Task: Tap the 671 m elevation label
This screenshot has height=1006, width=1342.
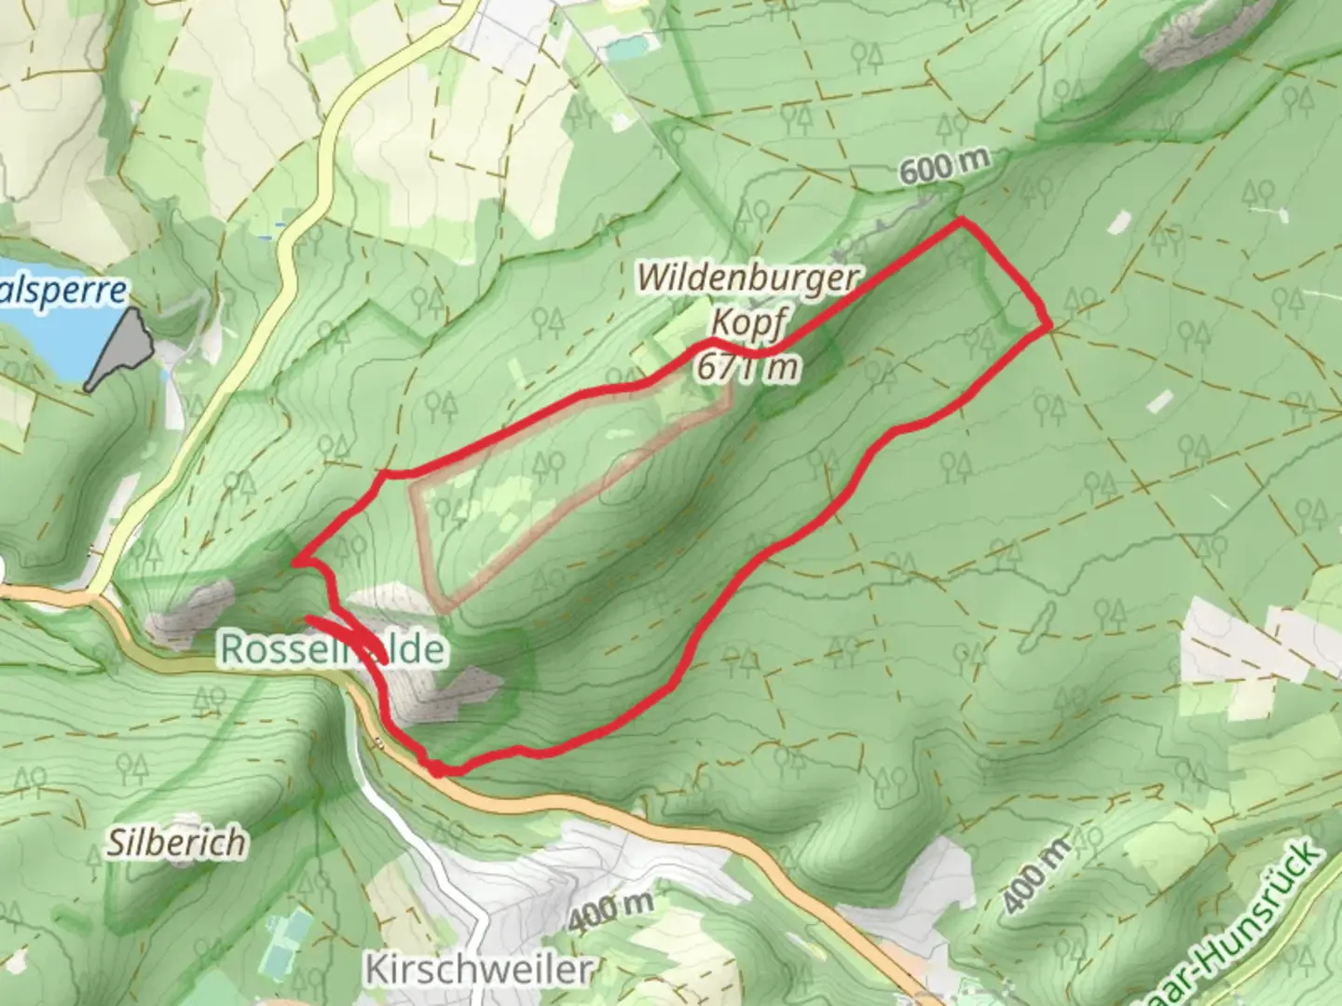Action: click(x=746, y=366)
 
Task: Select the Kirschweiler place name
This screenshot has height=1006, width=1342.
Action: click(x=478, y=969)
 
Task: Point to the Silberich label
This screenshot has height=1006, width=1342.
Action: click(x=176, y=842)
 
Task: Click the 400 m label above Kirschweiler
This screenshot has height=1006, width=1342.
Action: click(x=611, y=910)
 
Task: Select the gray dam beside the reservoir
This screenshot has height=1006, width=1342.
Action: click(x=121, y=349)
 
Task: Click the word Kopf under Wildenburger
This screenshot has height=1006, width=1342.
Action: click(x=746, y=323)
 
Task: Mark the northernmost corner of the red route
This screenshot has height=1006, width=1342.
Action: click(x=961, y=221)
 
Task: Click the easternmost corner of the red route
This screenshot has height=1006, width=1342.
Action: click(x=1050, y=324)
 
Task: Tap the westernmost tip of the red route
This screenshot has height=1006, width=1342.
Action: click(x=296, y=562)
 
